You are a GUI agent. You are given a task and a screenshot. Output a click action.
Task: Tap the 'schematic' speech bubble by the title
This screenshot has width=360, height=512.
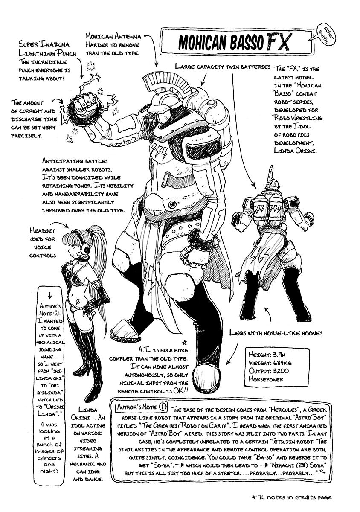point(321,36)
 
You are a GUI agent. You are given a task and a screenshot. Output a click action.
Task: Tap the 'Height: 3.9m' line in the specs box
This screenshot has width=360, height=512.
point(267,354)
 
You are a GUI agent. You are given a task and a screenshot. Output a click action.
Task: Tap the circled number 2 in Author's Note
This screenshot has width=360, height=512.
point(55,313)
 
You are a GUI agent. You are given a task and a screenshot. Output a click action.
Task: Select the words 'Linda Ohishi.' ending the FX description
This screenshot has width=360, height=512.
point(295,151)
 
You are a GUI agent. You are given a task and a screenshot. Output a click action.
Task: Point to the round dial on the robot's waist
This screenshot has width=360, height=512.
point(172,204)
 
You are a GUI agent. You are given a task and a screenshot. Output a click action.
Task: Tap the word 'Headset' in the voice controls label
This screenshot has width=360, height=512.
point(42,231)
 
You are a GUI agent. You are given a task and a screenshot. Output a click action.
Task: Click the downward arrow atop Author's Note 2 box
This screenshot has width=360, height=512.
point(50,295)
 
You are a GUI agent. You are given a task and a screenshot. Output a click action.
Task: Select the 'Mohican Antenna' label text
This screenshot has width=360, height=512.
point(113,36)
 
